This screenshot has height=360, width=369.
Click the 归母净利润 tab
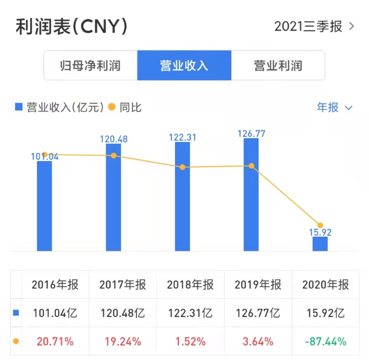click(90, 65)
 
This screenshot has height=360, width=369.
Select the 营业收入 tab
click(184, 65)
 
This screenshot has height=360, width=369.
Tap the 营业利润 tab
click(278, 65)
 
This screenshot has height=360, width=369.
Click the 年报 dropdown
click(334, 108)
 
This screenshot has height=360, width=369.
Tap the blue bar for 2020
click(320, 244)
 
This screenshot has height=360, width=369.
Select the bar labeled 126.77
click(251, 195)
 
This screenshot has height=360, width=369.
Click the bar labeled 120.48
click(113, 198)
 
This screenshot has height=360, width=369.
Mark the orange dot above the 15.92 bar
click(320, 225)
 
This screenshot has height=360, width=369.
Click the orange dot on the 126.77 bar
click(251, 166)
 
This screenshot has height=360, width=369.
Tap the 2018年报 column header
click(190, 285)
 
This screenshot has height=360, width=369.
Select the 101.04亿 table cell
click(55, 313)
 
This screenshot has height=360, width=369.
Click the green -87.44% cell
click(326, 341)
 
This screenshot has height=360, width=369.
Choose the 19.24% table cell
click(122, 341)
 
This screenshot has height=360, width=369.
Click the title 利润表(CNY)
click(71, 27)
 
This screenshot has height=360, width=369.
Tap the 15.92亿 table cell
click(326, 313)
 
